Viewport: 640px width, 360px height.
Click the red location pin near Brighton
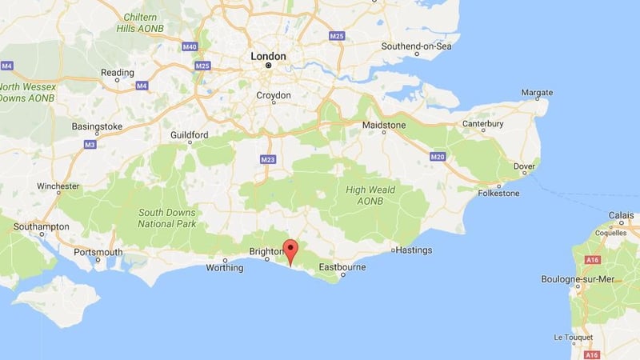coord(290,250)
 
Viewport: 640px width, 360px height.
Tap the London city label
coord(268,56)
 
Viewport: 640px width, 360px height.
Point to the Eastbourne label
coord(342,266)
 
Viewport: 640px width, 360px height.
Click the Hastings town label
coord(414,250)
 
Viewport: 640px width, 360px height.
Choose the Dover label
coord(524,166)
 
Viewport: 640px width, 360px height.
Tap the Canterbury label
coord(483,124)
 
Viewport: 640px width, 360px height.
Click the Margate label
coord(537,93)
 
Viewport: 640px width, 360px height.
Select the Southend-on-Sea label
coord(416,46)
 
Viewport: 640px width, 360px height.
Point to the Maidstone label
coord(384,126)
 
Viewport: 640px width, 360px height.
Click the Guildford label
coord(189,135)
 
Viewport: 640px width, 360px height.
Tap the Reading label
coord(117,72)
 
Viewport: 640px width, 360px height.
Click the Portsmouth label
coord(98,253)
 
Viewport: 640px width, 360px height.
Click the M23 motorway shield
coord(267,160)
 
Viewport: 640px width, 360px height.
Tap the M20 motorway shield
coord(437,157)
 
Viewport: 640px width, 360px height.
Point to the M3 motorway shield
coord(90,145)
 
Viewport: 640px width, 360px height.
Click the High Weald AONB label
coord(371,195)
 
